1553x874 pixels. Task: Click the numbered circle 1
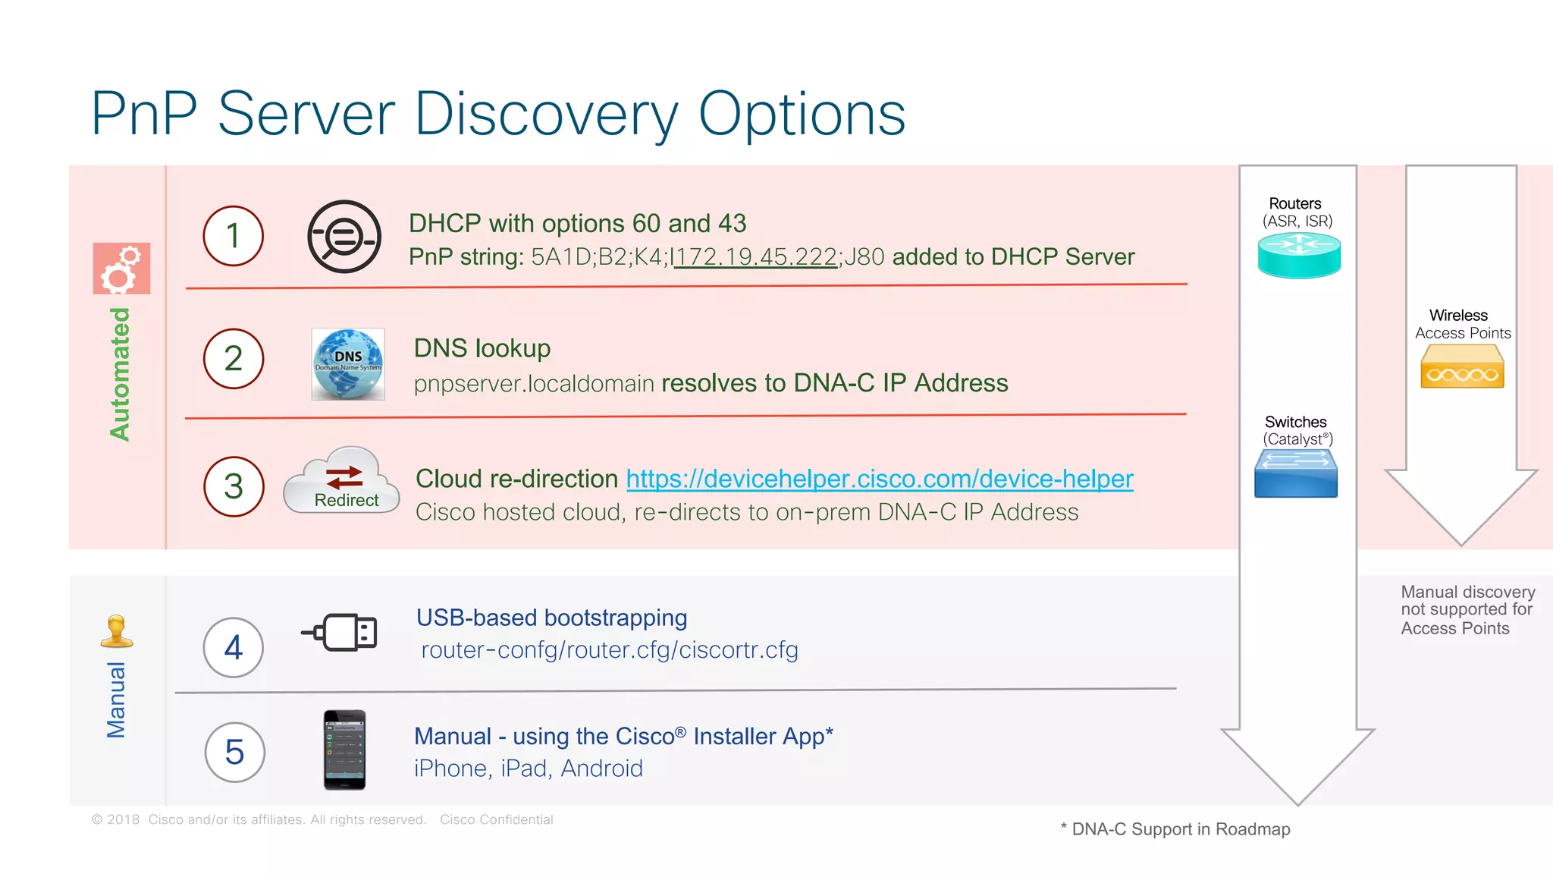coord(233,236)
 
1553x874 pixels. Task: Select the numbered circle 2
coord(233,358)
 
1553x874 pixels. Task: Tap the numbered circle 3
coord(234,486)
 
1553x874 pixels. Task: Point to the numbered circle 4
coord(234,647)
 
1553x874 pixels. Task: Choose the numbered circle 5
coord(234,752)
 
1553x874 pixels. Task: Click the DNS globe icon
coord(348,364)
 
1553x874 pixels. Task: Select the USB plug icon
coord(341,632)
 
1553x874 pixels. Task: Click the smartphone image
coord(344,750)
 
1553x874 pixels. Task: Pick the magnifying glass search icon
coord(344,237)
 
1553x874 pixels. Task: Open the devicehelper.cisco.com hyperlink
coord(880,479)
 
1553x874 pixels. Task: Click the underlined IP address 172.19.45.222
coord(756,257)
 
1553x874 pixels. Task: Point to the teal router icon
coord(1299,255)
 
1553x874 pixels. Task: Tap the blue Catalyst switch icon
coord(1296,473)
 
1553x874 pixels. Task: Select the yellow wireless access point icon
coord(1462,366)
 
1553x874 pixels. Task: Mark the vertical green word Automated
coord(120,374)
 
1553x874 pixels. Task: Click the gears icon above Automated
coord(121,269)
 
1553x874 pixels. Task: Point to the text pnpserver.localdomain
coord(534,384)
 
